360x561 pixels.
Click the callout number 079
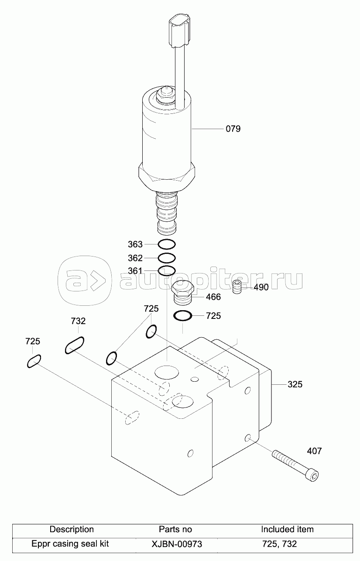(x=233, y=129)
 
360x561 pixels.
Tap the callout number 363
(x=135, y=244)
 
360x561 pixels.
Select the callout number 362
(x=135, y=258)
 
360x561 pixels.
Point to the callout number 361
(x=135, y=271)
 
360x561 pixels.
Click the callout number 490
(x=261, y=287)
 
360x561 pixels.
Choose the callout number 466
(x=213, y=297)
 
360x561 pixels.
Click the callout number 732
(x=78, y=321)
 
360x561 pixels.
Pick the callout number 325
(x=295, y=384)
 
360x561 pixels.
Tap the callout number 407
(x=314, y=451)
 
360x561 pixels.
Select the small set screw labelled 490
(x=237, y=287)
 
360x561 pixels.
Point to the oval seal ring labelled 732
(x=75, y=345)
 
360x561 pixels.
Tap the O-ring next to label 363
(x=166, y=244)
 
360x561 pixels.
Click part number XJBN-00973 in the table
(x=177, y=544)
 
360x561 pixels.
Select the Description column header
(x=72, y=530)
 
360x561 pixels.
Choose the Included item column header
(x=287, y=530)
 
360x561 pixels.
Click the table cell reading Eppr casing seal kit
(x=70, y=544)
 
